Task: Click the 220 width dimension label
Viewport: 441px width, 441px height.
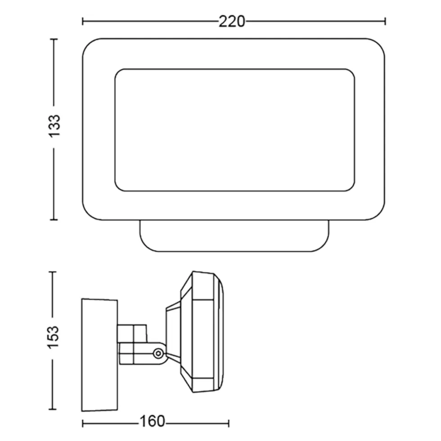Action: (232, 22)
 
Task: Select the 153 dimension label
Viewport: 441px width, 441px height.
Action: (53, 337)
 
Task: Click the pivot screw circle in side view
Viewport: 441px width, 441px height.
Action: (158, 353)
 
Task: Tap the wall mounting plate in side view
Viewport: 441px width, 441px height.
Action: (99, 355)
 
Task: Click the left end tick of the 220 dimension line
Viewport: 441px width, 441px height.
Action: (83, 21)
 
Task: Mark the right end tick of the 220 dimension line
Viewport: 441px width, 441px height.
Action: (385, 21)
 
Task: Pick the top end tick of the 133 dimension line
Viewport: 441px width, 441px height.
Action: (54, 40)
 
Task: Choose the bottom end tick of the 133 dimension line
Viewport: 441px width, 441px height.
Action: (54, 220)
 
